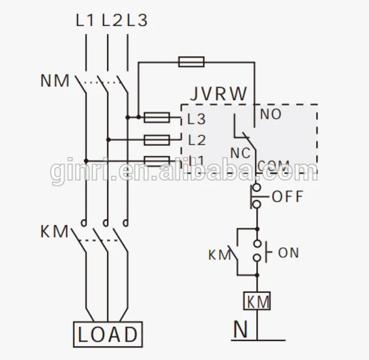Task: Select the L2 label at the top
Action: coord(111,20)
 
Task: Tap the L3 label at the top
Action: coord(136,20)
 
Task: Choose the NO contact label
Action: coord(271,115)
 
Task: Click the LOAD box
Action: coord(108,334)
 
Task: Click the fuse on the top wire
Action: coord(191,62)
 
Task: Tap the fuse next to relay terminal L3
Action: coord(157,117)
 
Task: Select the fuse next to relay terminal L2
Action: coord(157,139)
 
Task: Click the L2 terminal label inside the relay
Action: coord(196,140)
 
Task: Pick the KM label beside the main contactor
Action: coord(53,231)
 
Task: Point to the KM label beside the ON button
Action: coord(219,253)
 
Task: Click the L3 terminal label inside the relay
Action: coord(196,119)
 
